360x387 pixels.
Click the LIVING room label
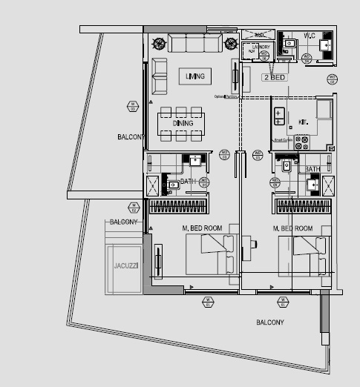(x=195, y=76)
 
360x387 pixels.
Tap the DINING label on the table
(x=183, y=123)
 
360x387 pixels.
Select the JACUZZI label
(x=123, y=265)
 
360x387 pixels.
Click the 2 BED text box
(x=275, y=76)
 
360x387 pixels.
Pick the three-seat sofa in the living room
(x=194, y=43)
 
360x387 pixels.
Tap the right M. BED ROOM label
(x=292, y=228)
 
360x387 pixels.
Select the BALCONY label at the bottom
(x=269, y=322)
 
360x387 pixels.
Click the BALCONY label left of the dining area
(x=130, y=137)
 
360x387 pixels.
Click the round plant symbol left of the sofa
(x=158, y=42)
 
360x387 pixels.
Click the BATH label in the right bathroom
(x=312, y=170)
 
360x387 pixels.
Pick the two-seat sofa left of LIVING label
(x=159, y=77)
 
